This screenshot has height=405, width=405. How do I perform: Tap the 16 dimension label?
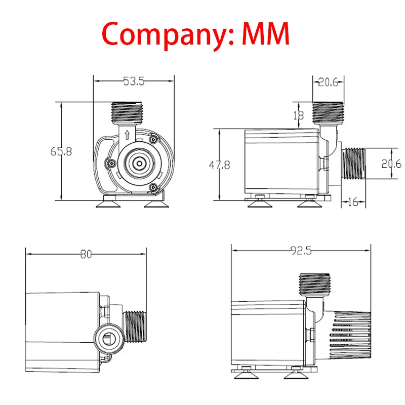pos(353,202)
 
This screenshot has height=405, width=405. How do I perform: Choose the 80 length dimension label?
pos(86,255)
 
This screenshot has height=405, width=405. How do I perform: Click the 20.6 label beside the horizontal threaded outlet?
pos(391,164)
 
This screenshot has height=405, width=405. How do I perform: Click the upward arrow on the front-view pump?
pos(127,135)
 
